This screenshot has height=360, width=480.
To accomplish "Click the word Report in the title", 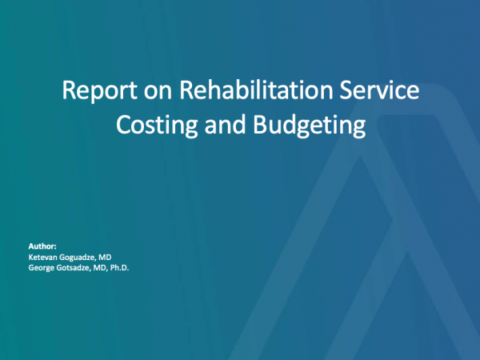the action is (x=99, y=90).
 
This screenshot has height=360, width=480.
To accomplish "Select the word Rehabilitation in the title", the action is (x=256, y=90).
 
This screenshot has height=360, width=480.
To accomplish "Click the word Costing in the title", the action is (x=157, y=125).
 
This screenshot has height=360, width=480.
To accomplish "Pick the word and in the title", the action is (x=226, y=124).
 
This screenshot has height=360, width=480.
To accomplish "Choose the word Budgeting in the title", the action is (x=310, y=125).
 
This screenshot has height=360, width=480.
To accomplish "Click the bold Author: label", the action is (x=42, y=246).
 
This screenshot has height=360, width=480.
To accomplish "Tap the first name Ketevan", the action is (x=42, y=257).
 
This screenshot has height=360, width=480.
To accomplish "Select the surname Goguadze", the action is (x=77, y=257).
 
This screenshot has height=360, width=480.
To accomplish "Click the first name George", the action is (x=41, y=268).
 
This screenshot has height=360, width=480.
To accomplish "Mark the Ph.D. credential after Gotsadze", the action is (x=119, y=268).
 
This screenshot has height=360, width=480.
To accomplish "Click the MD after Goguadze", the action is (x=105, y=257).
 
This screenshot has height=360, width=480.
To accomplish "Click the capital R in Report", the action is (x=68, y=90).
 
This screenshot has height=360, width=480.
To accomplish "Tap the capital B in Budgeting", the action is (x=259, y=124).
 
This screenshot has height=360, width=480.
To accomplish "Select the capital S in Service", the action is (x=346, y=90).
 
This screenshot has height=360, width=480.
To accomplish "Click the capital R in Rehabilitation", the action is (x=186, y=90).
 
